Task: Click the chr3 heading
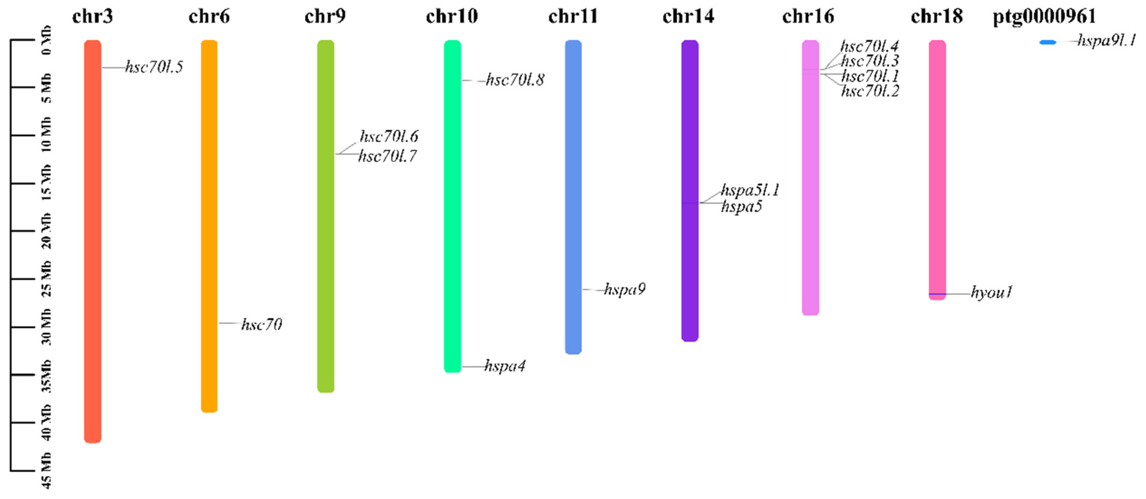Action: click(93, 17)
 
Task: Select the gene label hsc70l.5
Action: click(154, 67)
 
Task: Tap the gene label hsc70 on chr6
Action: click(262, 325)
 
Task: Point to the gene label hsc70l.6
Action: click(389, 136)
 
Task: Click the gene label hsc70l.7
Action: click(387, 156)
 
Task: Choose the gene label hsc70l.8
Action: click(515, 80)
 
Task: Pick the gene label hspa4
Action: click(505, 366)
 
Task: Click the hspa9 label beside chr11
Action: click(624, 289)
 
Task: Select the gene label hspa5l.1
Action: click(750, 190)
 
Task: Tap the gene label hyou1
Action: click(992, 293)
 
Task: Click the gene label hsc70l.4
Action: click(869, 46)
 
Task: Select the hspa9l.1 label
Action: click(1106, 41)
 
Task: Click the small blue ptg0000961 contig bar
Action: click(1048, 42)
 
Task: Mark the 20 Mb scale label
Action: click(47, 231)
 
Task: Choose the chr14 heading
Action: click(688, 17)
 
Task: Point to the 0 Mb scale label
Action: click(47, 40)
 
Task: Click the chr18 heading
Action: click(937, 17)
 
